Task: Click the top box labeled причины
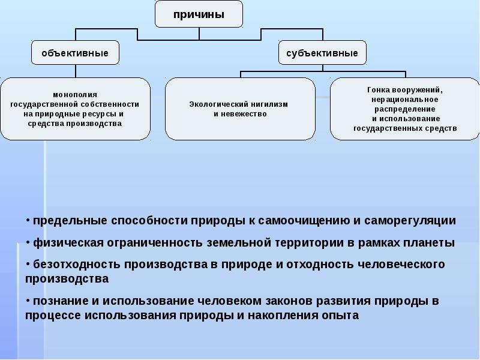(199, 14)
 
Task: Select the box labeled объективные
(75, 53)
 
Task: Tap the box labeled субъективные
(322, 53)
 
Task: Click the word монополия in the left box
(75, 94)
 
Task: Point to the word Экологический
(215, 104)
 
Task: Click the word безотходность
(71, 265)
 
